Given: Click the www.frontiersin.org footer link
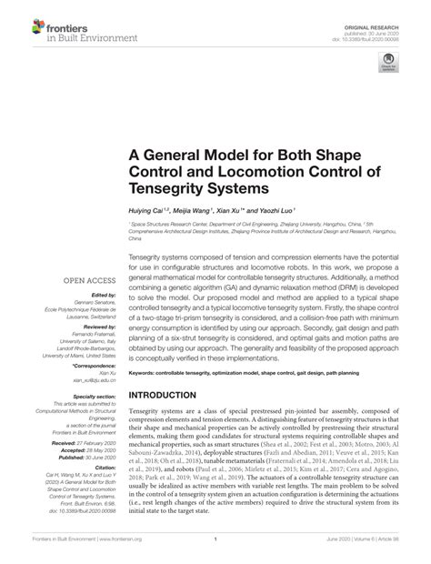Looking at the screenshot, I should click(x=102, y=552).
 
